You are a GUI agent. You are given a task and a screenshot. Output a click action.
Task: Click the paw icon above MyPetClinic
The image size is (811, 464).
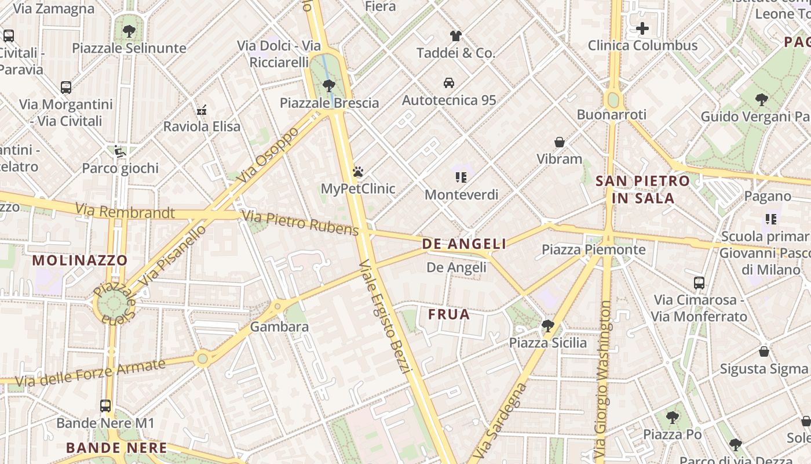358,172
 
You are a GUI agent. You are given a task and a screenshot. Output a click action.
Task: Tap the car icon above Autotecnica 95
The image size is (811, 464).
449,83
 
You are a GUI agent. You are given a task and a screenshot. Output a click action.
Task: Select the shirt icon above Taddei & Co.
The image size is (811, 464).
456,36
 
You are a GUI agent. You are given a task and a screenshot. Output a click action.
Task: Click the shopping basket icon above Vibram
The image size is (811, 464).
560,142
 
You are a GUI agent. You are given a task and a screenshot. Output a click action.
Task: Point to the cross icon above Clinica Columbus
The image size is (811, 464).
642,28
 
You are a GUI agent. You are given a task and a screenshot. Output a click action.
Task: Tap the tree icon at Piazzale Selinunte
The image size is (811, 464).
129,31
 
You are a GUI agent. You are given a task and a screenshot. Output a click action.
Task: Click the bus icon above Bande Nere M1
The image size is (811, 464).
105,406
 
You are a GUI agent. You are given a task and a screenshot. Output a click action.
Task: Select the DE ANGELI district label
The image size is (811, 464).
464,244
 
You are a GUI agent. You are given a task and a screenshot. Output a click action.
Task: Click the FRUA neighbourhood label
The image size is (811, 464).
449,315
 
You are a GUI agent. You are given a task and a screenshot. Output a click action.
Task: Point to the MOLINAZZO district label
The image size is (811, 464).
80,260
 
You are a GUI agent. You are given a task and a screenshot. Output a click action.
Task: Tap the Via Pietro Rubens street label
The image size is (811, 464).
300,223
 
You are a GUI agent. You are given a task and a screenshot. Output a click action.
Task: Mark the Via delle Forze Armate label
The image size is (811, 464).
90,373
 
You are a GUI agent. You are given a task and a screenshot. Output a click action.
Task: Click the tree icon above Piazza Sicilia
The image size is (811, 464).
547,326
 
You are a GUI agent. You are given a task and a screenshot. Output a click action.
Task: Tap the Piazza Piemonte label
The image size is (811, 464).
593,250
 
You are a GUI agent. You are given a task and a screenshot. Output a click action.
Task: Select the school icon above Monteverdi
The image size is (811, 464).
461,177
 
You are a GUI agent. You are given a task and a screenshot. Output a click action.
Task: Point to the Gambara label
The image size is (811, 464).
279,327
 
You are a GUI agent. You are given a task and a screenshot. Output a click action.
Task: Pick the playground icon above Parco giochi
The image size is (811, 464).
120,151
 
